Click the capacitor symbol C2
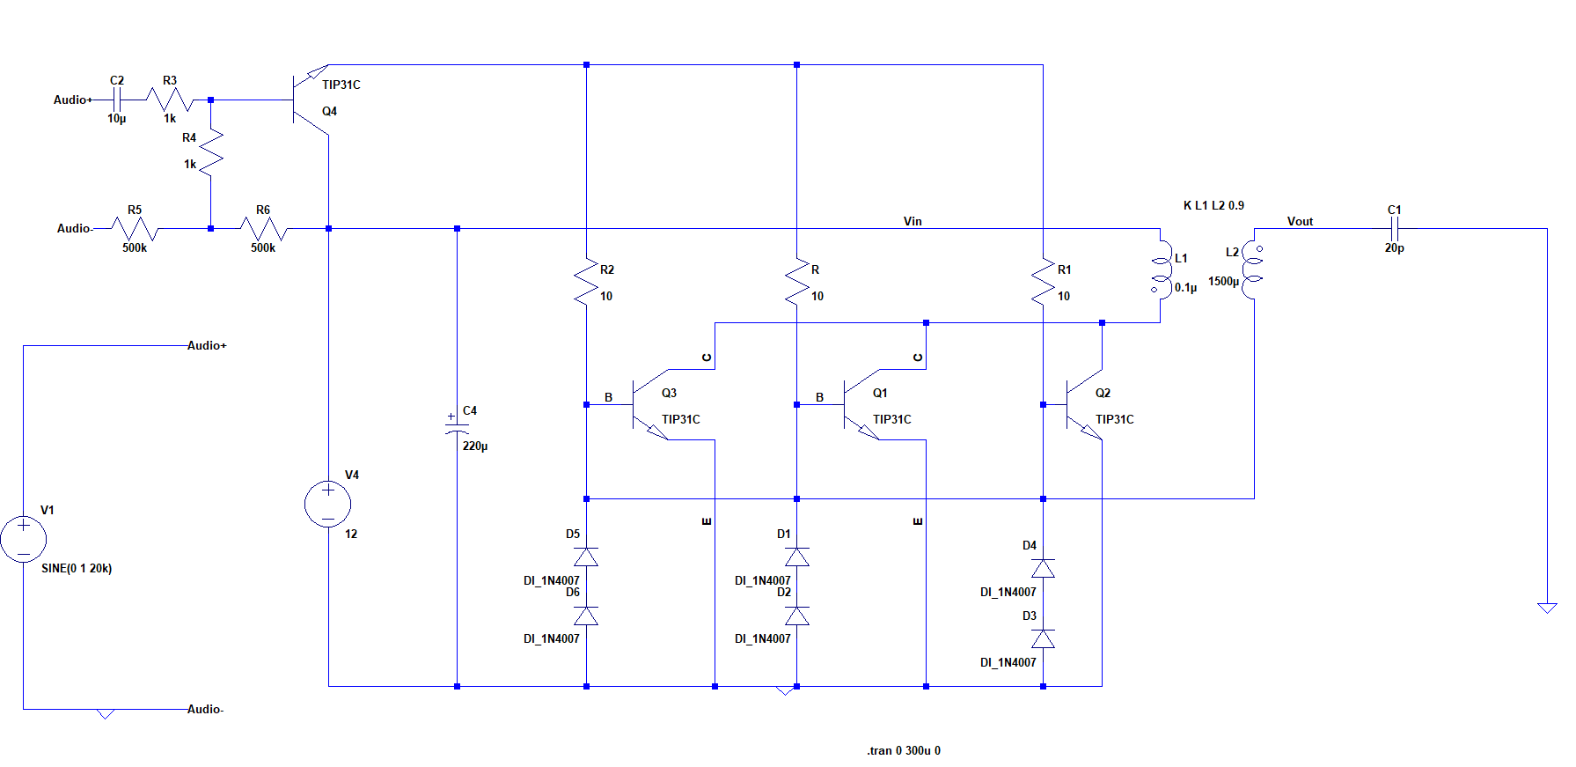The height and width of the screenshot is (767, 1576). [x=116, y=100]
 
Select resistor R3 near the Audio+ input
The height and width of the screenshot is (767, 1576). [x=170, y=100]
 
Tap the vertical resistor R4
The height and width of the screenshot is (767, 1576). [x=211, y=151]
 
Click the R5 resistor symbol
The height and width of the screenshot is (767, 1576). [x=135, y=229]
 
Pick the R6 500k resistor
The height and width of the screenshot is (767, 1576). [x=263, y=229]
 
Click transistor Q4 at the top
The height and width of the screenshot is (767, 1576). [x=308, y=100]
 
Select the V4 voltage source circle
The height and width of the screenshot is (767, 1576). [x=327, y=505]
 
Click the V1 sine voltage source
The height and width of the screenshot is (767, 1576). [x=23, y=539]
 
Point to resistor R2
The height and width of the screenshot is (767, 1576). [x=586, y=282]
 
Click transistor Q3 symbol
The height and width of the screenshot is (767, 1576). [x=649, y=405]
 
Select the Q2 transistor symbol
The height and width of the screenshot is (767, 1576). [x=1082, y=405]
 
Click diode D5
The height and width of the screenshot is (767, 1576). [x=586, y=557]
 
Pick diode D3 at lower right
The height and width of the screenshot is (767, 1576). [x=1043, y=638]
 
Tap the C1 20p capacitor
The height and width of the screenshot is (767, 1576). [x=1394, y=229]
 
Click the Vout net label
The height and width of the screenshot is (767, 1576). [x=1300, y=221]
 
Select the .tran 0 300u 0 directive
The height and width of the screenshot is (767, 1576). [x=904, y=750]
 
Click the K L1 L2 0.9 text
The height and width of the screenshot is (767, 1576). [x=1213, y=205]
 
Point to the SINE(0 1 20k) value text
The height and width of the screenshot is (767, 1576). [x=77, y=568]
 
